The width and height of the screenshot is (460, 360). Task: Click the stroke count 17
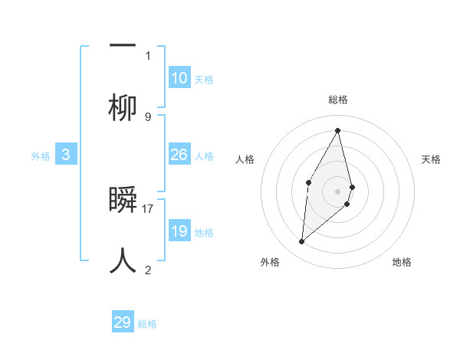click(149, 208)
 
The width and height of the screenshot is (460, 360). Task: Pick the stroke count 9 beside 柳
click(148, 116)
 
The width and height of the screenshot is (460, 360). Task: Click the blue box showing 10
click(179, 78)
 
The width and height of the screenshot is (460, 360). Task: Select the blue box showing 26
click(179, 155)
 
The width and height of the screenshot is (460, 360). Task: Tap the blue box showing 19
click(179, 231)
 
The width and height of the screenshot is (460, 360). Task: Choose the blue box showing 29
click(123, 322)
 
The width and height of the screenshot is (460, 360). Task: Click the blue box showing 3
click(66, 155)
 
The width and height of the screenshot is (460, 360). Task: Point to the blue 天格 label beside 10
click(204, 80)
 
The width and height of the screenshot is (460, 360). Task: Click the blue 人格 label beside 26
click(204, 156)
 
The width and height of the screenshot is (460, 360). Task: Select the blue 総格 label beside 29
click(147, 324)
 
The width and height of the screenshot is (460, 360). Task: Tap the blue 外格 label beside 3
click(41, 156)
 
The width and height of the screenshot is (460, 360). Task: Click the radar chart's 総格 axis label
click(338, 100)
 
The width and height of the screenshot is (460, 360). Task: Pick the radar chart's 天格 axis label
click(432, 159)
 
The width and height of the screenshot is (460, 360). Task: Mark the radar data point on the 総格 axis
click(338, 130)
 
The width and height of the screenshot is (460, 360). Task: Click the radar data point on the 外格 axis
click(302, 242)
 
